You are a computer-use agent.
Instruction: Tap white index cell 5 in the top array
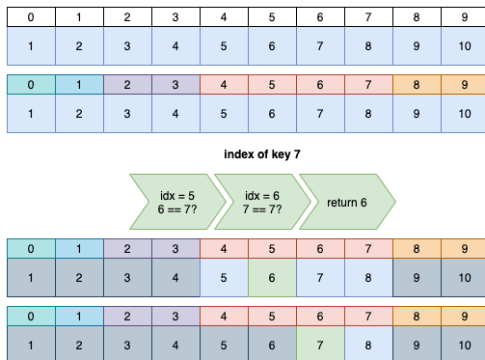[x=271, y=16]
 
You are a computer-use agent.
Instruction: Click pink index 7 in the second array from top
[x=367, y=84]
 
